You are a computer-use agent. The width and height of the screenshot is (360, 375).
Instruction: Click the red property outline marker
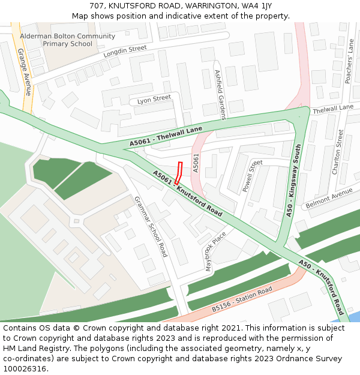click(179, 173)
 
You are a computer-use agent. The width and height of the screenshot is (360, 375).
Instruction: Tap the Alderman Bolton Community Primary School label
click(67, 40)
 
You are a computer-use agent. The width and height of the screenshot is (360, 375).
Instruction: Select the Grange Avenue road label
click(25, 73)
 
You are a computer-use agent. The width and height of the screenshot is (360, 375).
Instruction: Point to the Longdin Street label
click(125, 52)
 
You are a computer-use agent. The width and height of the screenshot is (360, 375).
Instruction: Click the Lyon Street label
click(154, 99)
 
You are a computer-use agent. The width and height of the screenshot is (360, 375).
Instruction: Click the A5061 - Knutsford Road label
click(188, 193)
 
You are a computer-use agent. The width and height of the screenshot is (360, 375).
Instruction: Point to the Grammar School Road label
click(151, 226)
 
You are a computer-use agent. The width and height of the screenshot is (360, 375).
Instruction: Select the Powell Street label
click(253, 176)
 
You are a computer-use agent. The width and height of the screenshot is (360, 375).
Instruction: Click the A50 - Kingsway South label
click(293, 179)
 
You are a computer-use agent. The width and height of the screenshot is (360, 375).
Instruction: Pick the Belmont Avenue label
click(329, 199)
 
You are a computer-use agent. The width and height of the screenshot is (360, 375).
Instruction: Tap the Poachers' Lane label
click(351, 59)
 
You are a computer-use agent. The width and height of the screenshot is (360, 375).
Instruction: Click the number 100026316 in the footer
click(25, 368)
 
